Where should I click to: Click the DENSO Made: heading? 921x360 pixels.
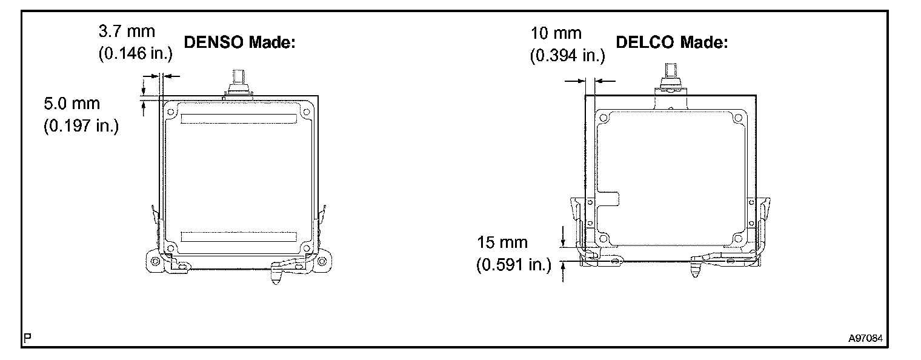click(x=239, y=42)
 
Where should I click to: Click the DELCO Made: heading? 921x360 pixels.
click(x=672, y=42)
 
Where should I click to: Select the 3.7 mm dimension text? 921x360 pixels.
click(x=127, y=32)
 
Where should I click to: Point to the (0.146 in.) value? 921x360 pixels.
click(x=135, y=53)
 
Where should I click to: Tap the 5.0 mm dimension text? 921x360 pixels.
click(x=72, y=104)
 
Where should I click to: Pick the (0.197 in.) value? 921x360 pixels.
click(x=81, y=126)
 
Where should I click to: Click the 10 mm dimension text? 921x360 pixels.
click(x=556, y=33)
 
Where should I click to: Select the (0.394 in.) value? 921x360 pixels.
click(x=567, y=56)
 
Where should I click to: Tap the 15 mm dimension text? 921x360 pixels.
click(x=502, y=242)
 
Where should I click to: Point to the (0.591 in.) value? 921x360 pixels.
click(x=514, y=265)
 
